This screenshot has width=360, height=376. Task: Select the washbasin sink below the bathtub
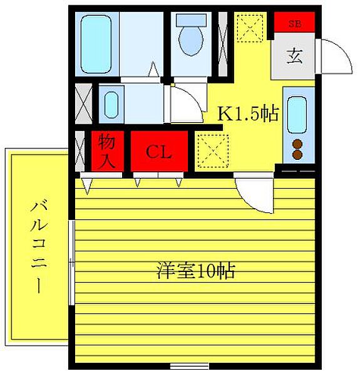pos(110,102)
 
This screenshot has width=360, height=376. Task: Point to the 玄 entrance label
pos(294,56)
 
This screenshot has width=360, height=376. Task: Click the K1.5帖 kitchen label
pos(247,115)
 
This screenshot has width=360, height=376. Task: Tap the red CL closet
pos(159,151)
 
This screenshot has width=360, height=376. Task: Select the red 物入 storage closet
pos(106,151)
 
